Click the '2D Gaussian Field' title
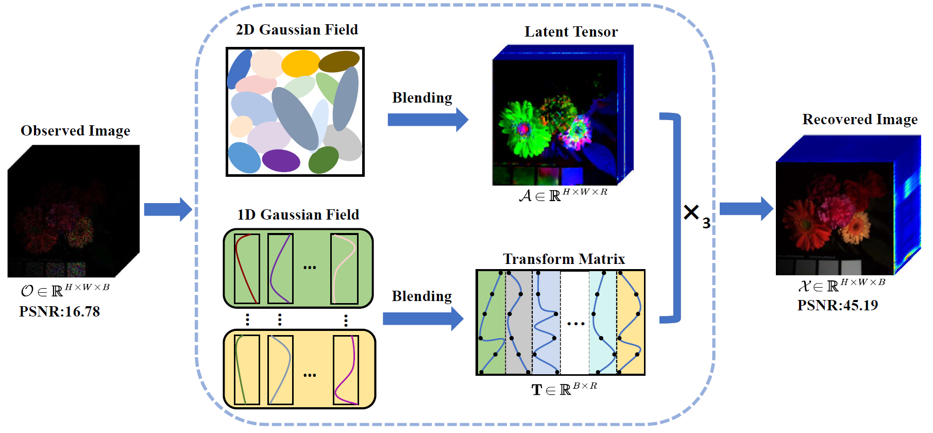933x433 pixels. click(297, 30)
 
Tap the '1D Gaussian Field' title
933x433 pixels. click(298, 214)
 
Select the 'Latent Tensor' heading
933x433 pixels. click(571, 32)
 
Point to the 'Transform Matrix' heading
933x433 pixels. click(564, 259)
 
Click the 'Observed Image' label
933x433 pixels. click(75, 131)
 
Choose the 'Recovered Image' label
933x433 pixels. click(859, 120)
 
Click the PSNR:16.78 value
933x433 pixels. click(59, 311)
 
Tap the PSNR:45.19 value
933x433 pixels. click(837, 305)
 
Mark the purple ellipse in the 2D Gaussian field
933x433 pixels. click(281, 160)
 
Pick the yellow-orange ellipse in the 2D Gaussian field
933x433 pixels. click(300, 63)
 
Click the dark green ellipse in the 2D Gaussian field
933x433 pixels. click(323, 160)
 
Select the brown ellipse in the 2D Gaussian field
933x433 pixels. click(338, 61)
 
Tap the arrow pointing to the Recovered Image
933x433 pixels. click(745, 209)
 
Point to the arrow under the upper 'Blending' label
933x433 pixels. click(427, 120)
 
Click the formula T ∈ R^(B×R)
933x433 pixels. click(564, 389)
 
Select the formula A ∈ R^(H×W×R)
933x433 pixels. click(563, 195)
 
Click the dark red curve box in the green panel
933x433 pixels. click(247, 269)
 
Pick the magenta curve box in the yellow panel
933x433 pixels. click(346, 370)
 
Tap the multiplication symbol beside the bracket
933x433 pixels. click(691, 212)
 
